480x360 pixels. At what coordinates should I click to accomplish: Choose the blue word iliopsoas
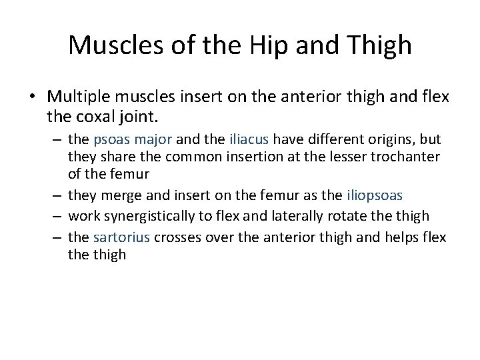tap(376, 195)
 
